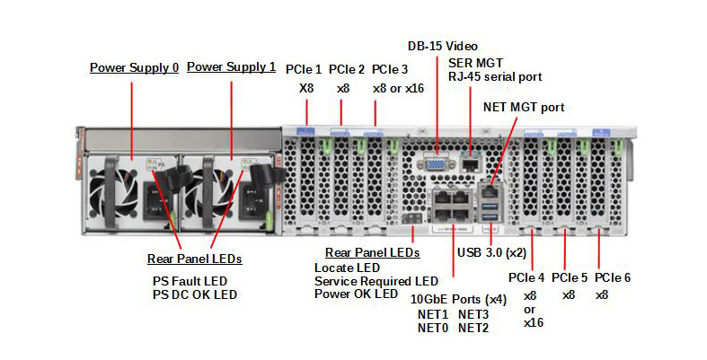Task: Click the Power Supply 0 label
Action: pyautogui.click(x=134, y=67)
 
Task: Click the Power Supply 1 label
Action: pyautogui.click(x=231, y=67)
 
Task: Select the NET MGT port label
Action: pyautogui.click(x=523, y=107)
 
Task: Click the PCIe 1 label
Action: pyautogui.click(x=304, y=69)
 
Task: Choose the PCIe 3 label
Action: pyautogui.click(x=390, y=69)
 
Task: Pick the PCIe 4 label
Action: pyautogui.click(x=526, y=277)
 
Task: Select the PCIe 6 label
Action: pyautogui.click(x=613, y=277)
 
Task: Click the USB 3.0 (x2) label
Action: pyautogui.click(x=491, y=252)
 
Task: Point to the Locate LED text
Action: pyautogui.click(x=347, y=268)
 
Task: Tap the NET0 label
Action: pyautogui.click(x=432, y=328)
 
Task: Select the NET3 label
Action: pyautogui.click(x=473, y=314)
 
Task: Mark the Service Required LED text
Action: pyautogui.click(x=376, y=281)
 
